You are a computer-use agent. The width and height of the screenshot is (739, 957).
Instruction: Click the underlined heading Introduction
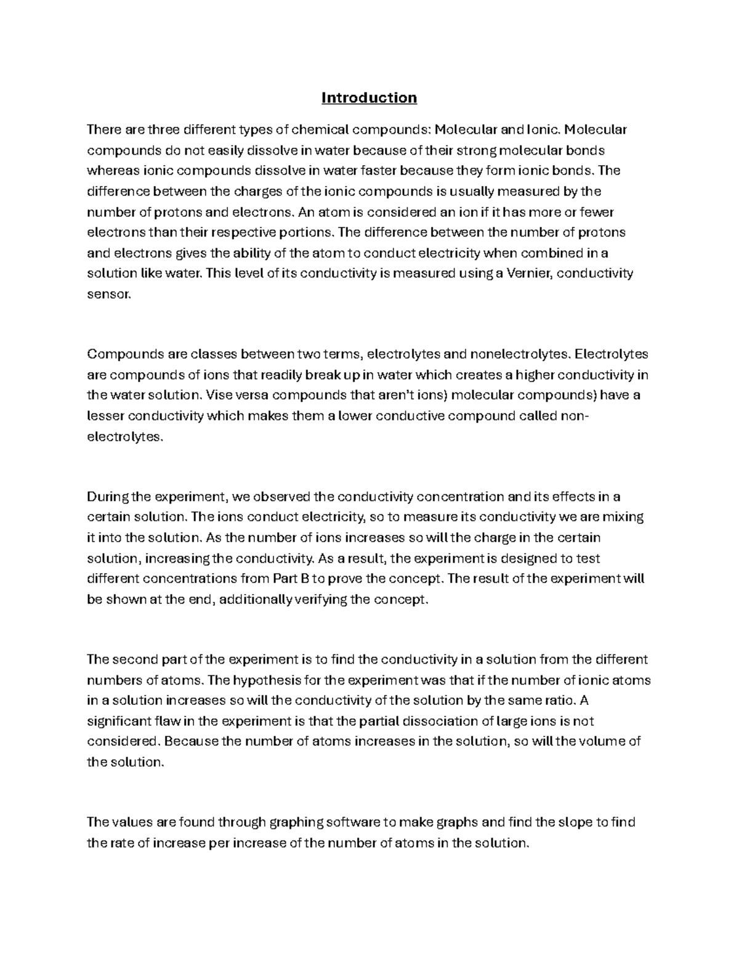click(x=369, y=98)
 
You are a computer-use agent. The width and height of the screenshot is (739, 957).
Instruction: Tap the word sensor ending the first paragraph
click(x=108, y=295)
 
